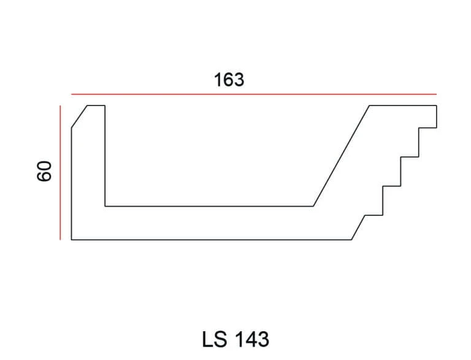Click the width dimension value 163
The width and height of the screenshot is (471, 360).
click(x=229, y=80)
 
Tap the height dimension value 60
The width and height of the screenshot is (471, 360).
click(x=44, y=171)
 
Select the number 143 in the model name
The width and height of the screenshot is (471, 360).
click(x=251, y=340)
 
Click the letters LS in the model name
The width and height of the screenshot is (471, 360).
click(x=215, y=340)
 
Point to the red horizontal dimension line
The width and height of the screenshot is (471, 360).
click(x=254, y=94)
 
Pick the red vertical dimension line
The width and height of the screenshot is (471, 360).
click(x=60, y=173)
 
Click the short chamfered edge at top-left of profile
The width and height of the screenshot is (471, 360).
click(x=79, y=117)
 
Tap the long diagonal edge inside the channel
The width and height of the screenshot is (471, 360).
click(x=341, y=156)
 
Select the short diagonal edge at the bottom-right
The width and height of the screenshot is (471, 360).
click(x=358, y=228)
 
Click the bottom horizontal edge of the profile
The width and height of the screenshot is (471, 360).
click(x=212, y=240)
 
